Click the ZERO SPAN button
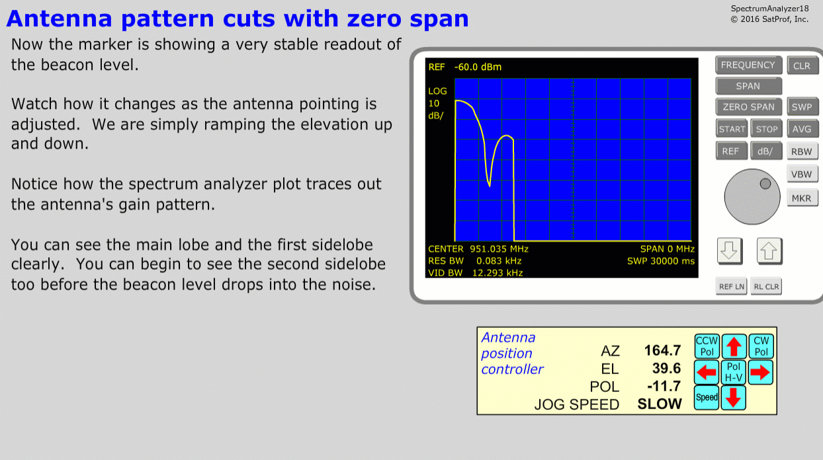(x=748, y=107)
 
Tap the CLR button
(x=802, y=65)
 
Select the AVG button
(x=802, y=129)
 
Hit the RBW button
(x=802, y=151)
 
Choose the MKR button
(x=802, y=198)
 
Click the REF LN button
(x=732, y=286)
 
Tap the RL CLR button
(x=766, y=286)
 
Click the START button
(x=732, y=129)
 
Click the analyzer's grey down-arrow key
(x=730, y=251)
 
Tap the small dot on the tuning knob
(x=765, y=184)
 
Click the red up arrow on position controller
(x=734, y=346)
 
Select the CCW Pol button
(x=707, y=346)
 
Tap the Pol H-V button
(x=734, y=372)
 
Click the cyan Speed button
(x=707, y=398)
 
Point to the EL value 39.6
(x=666, y=368)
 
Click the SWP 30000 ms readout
(x=661, y=261)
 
